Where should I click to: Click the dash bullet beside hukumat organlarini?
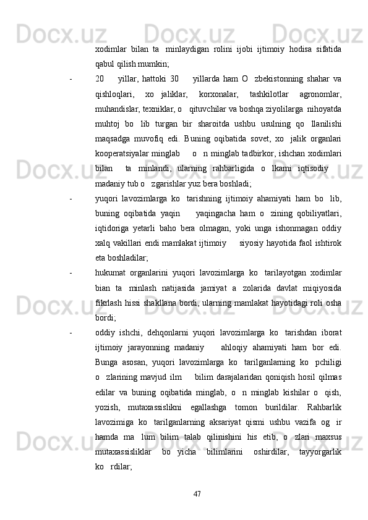tap(72, 256)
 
